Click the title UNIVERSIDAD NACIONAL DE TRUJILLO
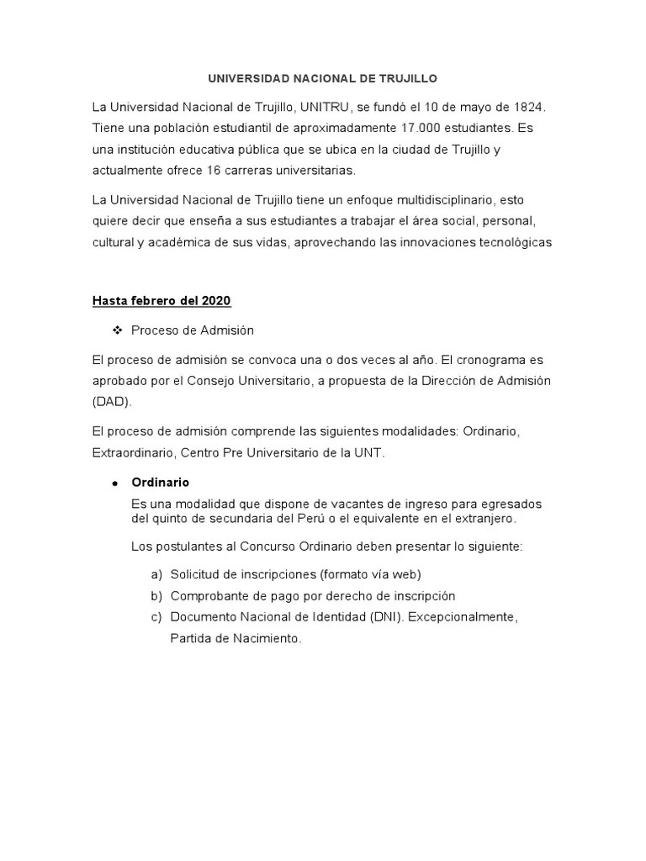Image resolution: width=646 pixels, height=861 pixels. pos(323,78)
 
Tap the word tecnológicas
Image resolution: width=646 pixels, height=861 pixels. pos(508,242)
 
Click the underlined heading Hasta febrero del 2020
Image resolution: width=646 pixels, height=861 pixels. pos(161,301)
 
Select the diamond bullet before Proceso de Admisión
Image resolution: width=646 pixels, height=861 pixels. pos(118,330)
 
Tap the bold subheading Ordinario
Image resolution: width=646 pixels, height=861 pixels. pos(161,483)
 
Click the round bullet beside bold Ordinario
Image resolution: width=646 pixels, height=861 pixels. pos(114,483)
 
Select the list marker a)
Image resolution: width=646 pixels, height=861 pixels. pos(156,574)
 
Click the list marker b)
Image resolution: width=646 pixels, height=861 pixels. pos(156,596)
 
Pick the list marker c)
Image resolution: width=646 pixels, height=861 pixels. pos(156,617)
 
